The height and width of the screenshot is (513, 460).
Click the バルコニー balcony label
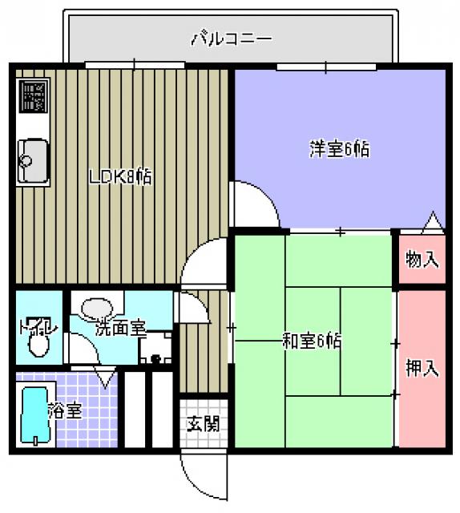tap(232, 39)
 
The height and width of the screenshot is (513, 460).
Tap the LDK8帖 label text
tap(121, 176)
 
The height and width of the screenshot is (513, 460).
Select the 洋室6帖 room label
tap(340, 149)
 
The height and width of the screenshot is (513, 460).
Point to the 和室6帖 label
tap(312, 341)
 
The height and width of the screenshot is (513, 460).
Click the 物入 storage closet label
tap(422, 259)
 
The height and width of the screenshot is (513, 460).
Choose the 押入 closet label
tap(422, 368)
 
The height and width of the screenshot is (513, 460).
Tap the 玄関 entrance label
tap(203, 424)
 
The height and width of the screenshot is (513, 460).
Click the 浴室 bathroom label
tap(65, 410)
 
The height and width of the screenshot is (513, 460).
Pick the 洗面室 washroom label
tap(120, 329)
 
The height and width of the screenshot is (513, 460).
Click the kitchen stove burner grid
tap(34, 96)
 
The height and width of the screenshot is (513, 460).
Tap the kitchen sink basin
tap(33, 161)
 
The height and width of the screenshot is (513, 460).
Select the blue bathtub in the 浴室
tap(34, 415)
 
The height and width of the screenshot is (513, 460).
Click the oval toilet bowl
tap(39, 346)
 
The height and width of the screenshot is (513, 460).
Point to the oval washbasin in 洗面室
tap(97, 308)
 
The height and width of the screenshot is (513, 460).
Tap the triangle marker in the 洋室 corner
tap(433, 223)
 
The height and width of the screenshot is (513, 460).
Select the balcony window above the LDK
tap(135, 65)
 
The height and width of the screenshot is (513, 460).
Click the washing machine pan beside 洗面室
tap(155, 347)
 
